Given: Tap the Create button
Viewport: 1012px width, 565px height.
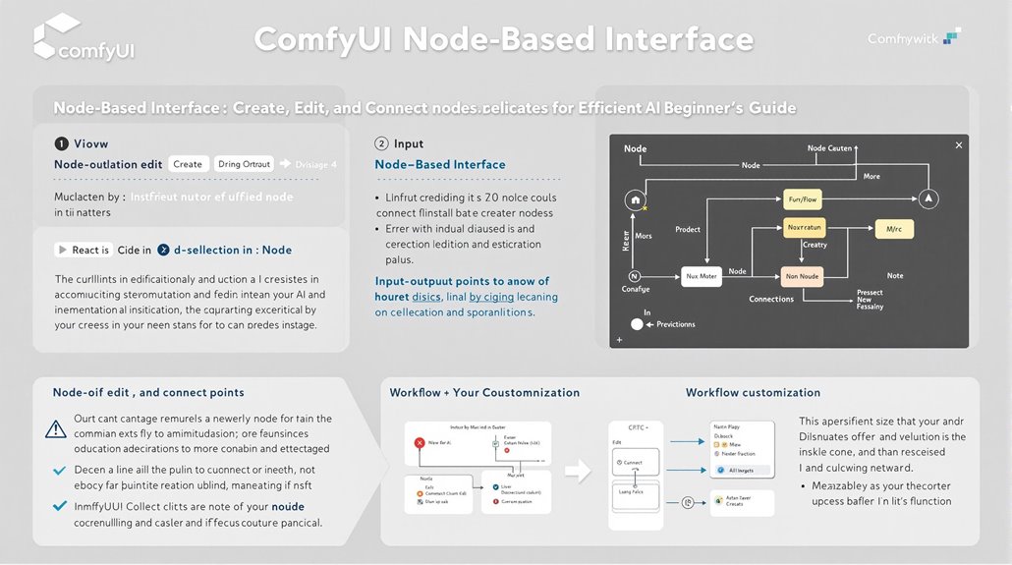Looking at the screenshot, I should pos(188,164).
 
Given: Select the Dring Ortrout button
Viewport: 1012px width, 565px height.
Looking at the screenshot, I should pos(244,164).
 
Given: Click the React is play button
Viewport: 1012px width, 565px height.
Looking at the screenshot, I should pos(63,250).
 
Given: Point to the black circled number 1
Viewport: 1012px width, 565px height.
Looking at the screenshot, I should pos(61,143).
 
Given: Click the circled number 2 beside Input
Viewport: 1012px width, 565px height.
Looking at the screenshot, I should pos(382,143).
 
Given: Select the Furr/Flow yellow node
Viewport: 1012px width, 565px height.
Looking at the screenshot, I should pos(802,199).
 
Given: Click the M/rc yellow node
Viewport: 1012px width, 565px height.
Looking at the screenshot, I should pos(894,228).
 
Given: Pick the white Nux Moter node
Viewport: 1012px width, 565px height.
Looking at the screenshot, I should pos(701,277).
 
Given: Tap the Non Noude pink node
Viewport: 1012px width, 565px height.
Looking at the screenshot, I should pos(802,277).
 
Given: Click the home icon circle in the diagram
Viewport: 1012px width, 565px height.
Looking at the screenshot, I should pos(634,200).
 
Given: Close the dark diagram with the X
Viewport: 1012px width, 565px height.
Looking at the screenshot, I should pos(959,145).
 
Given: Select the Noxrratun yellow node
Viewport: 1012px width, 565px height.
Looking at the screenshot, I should pos(803,228).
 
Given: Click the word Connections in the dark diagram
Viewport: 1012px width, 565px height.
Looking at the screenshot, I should pos(771,299).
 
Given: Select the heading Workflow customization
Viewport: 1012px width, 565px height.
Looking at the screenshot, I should pos(753,392).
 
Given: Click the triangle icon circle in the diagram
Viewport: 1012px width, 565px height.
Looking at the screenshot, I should pos(927,199).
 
